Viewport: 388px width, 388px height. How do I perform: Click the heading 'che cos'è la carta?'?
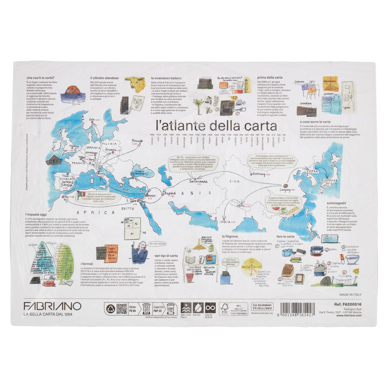pyautogui.click(x=40, y=78)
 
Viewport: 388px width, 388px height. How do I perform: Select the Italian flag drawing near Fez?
pyautogui.click(x=81, y=193)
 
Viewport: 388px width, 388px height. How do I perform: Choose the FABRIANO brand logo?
pyautogui.click(x=52, y=306)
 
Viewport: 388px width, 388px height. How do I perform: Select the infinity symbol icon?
pyautogui.click(x=210, y=308)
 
